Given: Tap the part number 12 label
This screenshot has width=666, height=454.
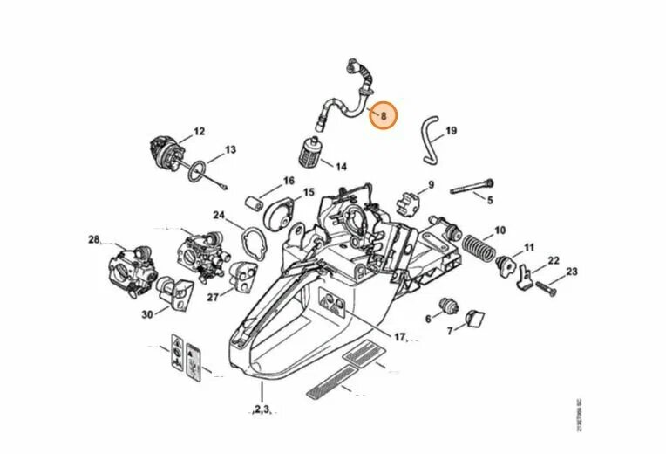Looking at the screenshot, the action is (x=199, y=132).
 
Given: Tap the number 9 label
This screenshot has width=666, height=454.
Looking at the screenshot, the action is (x=430, y=185).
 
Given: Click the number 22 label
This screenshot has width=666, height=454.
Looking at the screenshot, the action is (x=553, y=261).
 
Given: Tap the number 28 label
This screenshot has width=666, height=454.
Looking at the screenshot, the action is (x=94, y=238).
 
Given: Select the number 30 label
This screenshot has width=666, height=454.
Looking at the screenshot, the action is (x=146, y=314).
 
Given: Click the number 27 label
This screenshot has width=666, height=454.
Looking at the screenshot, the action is (x=213, y=297).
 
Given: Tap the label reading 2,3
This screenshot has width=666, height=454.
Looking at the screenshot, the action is (x=262, y=408).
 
